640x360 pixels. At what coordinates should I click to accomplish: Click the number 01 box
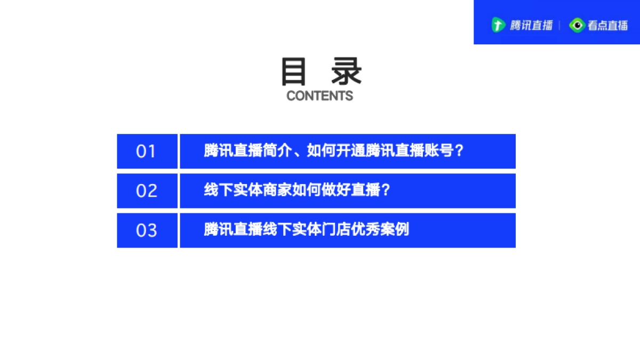(x=147, y=151)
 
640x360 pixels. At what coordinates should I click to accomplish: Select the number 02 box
(x=147, y=191)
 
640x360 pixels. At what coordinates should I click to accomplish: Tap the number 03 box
(x=147, y=230)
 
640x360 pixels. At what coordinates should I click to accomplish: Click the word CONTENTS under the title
(x=319, y=96)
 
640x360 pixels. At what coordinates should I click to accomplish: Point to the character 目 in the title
(x=294, y=73)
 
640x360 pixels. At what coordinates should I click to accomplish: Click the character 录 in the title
(x=346, y=73)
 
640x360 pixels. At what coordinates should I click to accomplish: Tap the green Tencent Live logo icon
(x=498, y=25)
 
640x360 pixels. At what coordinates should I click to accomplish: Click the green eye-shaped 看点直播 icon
(x=577, y=25)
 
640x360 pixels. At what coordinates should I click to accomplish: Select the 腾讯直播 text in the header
(x=531, y=25)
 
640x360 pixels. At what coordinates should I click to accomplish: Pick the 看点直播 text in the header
(x=607, y=25)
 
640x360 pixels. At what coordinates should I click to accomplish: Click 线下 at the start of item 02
(x=219, y=190)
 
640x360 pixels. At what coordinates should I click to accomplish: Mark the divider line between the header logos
(x=560, y=25)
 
